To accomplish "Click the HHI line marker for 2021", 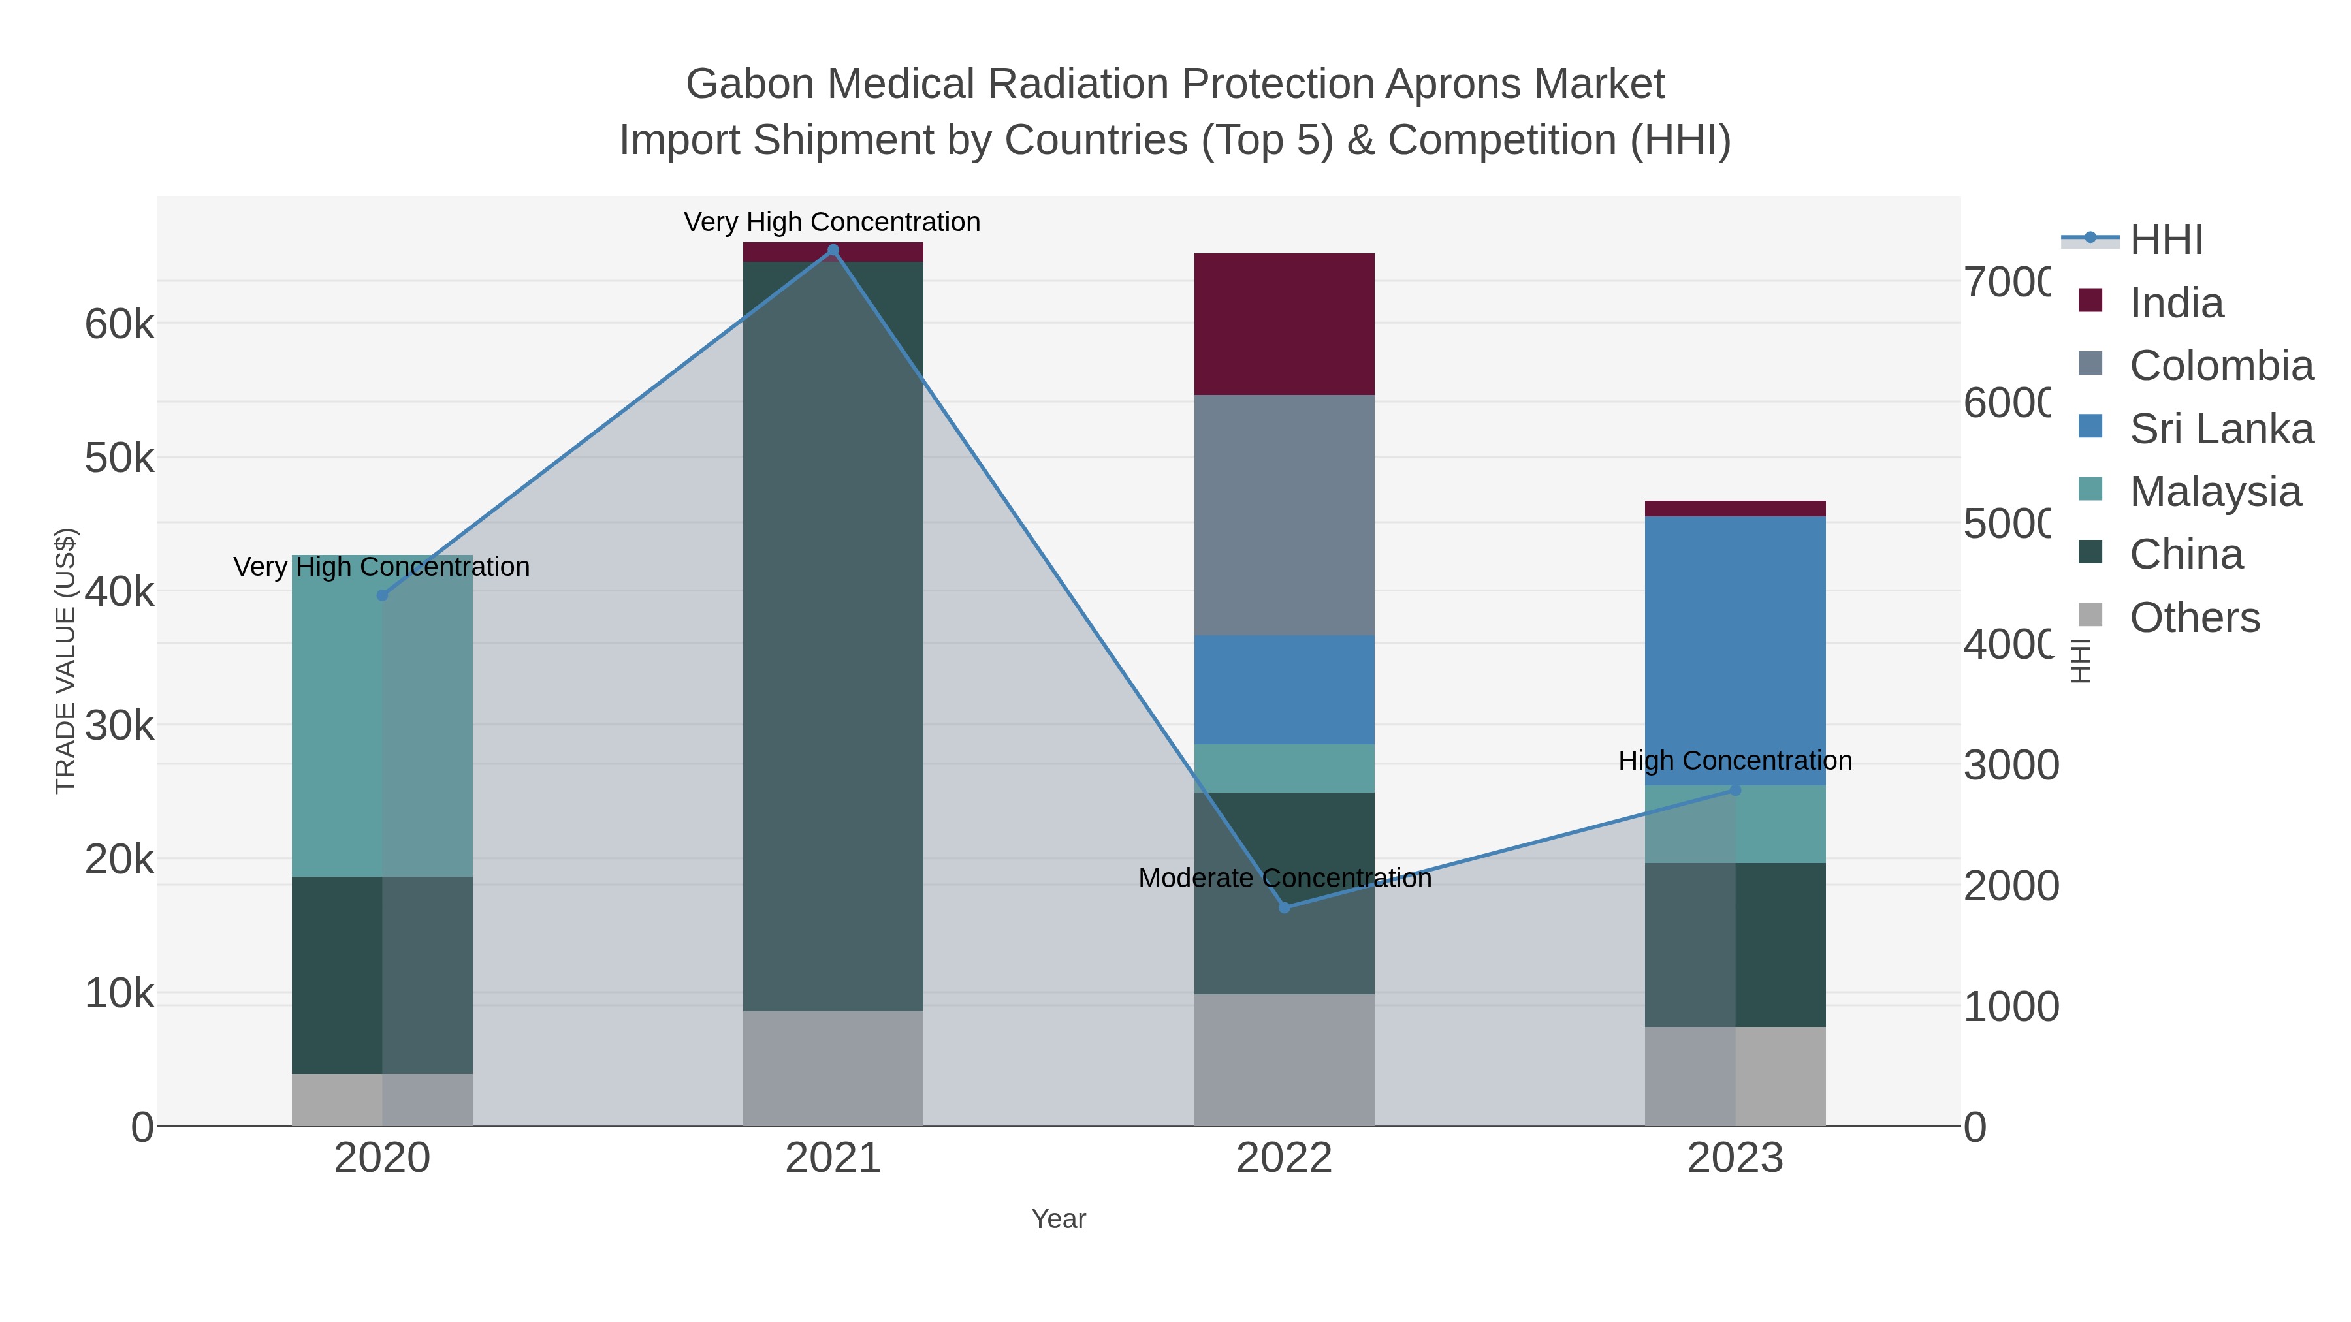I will (833, 250).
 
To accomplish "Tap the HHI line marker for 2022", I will (1284, 907).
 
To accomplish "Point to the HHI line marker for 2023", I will (1735, 790).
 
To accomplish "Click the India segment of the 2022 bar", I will (1284, 324).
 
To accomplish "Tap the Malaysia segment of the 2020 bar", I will (383, 716).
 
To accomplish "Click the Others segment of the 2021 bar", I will (833, 1067).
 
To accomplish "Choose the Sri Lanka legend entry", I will (2220, 429).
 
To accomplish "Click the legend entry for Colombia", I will (2220, 366).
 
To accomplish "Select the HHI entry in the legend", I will (2166, 240).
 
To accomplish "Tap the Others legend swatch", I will (2090, 616).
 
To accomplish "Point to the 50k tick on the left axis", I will (120, 458).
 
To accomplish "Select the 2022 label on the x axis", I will (1284, 1157).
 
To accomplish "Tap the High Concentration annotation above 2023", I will (1735, 761).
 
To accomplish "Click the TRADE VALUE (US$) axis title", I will (66, 661).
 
